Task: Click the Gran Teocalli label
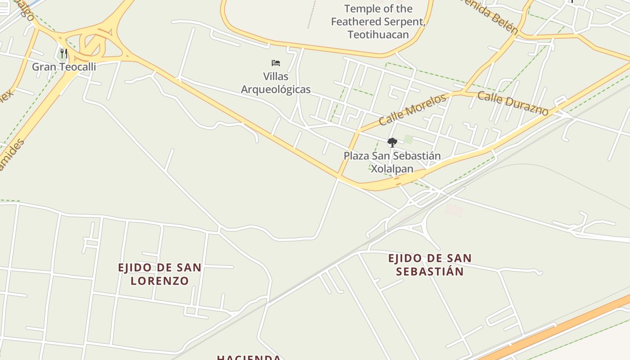click(x=64, y=67)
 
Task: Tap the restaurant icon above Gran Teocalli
click(x=63, y=54)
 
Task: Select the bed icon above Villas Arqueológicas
click(x=276, y=63)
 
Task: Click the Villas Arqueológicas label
click(x=276, y=83)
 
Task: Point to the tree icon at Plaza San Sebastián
click(x=392, y=143)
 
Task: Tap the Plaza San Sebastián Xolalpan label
click(x=392, y=162)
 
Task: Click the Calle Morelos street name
click(x=412, y=109)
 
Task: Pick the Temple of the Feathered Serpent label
click(x=378, y=21)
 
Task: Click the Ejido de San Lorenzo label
click(x=160, y=274)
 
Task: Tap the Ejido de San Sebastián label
click(x=430, y=265)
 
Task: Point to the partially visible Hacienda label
click(x=249, y=357)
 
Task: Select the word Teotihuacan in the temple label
click(x=378, y=34)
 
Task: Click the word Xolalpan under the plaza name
click(x=391, y=169)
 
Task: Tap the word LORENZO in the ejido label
click(x=160, y=281)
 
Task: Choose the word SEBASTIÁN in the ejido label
click(x=430, y=271)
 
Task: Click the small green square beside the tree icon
click(x=408, y=139)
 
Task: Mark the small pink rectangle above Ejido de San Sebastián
click(x=454, y=210)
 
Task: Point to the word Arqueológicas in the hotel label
click(x=276, y=89)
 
